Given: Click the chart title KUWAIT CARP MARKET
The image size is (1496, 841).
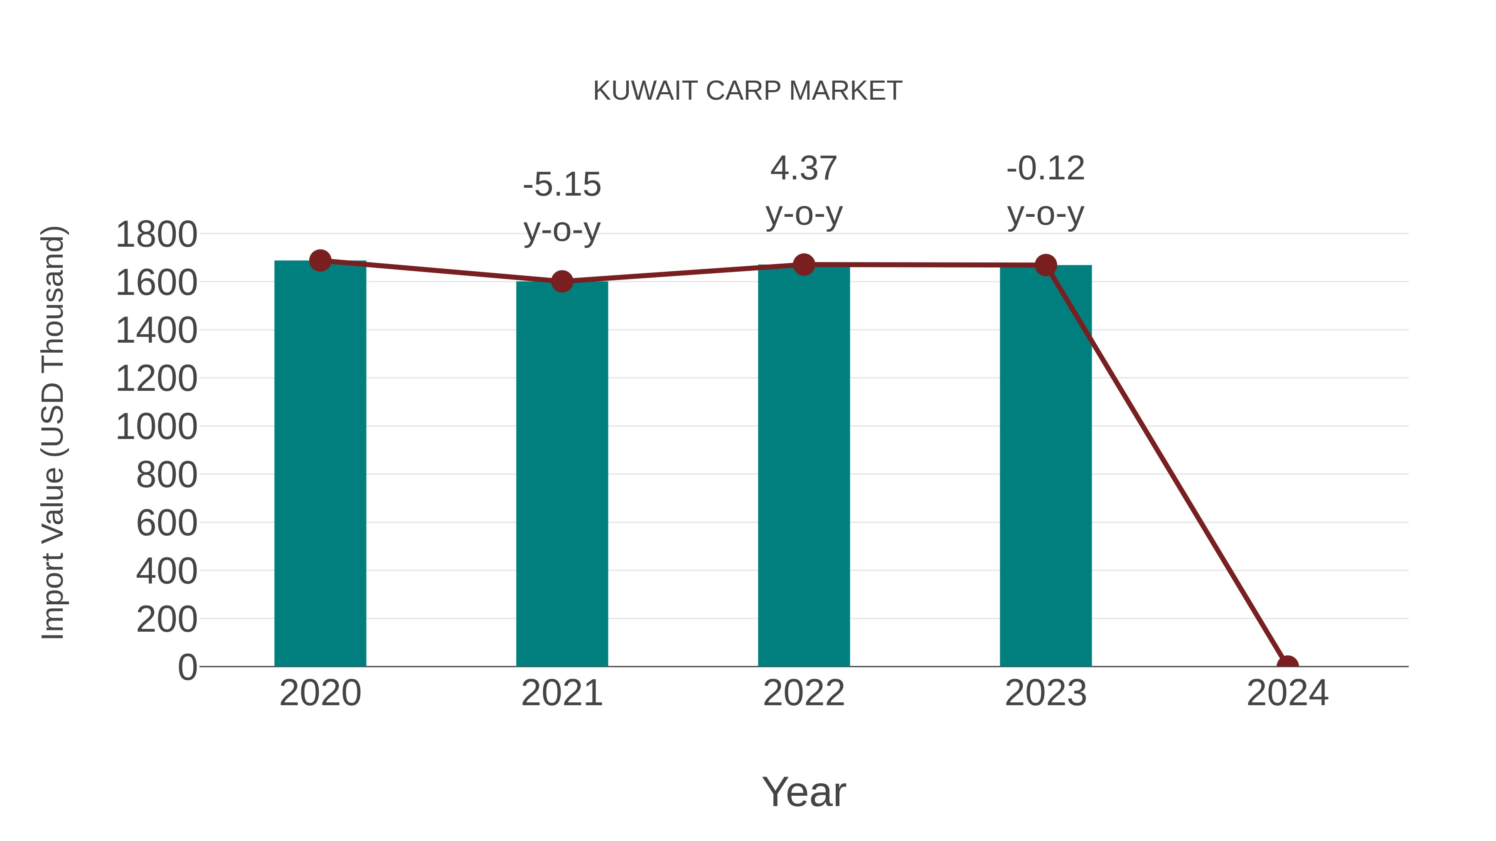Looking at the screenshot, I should [748, 91].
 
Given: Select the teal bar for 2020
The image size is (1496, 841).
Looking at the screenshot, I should [320, 464].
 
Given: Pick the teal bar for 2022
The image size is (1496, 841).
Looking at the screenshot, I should [804, 464].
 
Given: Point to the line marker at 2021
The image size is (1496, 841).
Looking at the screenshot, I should [561, 282].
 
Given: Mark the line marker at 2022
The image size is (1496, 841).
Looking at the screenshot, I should [804, 265].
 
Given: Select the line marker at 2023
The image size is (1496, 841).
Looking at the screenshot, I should [1046, 265].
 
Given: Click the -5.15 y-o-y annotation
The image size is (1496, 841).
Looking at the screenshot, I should [561, 207].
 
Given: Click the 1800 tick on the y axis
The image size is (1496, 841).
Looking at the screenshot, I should [156, 235].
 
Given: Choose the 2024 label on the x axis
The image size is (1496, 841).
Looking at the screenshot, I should [1287, 693].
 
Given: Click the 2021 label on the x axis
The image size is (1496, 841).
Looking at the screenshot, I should [561, 693].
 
